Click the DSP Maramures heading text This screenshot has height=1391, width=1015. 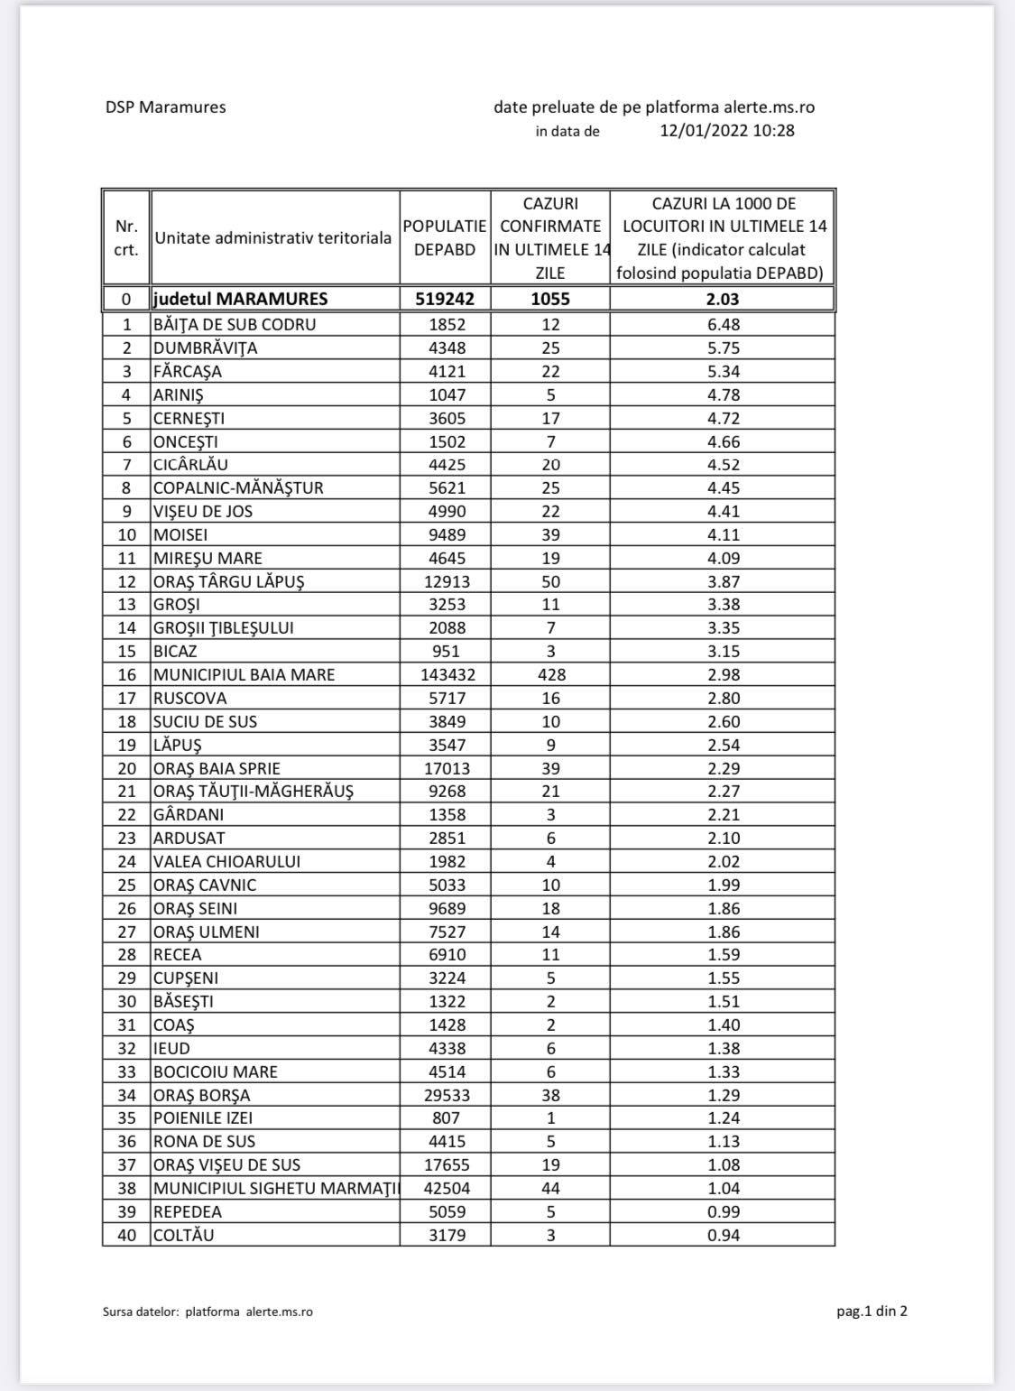click(x=165, y=107)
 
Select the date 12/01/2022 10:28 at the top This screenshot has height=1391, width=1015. click(x=726, y=131)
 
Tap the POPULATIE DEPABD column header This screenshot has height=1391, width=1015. click(x=445, y=238)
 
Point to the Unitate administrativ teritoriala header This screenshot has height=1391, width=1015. click(x=273, y=238)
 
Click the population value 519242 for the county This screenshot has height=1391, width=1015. click(x=445, y=299)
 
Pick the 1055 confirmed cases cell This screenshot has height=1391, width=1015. click(x=550, y=299)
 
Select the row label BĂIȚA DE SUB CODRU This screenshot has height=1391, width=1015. click(x=235, y=325)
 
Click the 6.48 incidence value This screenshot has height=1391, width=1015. click(x=724, y=325)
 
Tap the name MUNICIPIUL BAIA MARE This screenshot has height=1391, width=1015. click(x=244, y=675)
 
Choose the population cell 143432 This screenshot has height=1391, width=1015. click(x=448, y=675)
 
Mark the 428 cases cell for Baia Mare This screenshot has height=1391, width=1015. click(x=550, y=675)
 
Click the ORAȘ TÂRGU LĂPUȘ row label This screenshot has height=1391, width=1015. click(x=228, y=582)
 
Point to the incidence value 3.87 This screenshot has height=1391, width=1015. click(x=724, y=582)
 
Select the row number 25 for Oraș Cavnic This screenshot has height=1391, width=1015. click(x=127, y=886)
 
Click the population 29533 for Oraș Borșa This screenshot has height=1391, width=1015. click(x=447, y=1096)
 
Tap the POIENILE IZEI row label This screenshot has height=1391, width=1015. click(x=203, y=1118)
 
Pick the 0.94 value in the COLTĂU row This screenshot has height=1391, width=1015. click(x=724, y=1236)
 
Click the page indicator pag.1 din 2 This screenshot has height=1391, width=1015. click(x=872, y=1312)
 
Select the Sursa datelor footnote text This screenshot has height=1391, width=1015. click(x=208, y=1312)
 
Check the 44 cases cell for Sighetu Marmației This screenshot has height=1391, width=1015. click(x=550, y=1189)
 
